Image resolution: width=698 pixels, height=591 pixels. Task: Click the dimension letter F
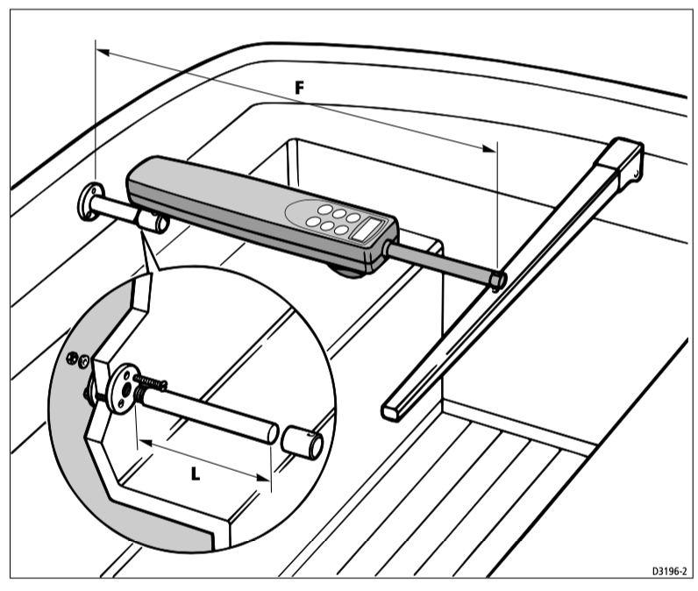coord(300,88)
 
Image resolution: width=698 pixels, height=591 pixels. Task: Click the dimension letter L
coord(195,474)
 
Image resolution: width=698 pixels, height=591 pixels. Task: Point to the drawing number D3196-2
coord(670,571)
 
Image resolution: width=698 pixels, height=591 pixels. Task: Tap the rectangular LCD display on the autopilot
coord(368,229)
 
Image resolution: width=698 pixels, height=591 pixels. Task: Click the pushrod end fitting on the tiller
coord(497,281)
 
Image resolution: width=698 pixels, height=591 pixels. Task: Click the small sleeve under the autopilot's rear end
coord(152,221)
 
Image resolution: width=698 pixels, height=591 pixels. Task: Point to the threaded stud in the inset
coord(151,381)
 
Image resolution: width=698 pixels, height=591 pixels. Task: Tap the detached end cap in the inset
coord(303,442)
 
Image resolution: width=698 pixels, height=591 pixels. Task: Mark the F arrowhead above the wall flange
coord(103,53)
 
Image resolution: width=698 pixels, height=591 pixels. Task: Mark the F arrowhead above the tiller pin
coord(488,149)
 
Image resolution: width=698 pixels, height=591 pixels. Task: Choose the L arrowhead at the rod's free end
coord(264,478)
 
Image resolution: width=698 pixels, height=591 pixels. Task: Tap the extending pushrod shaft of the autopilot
coord(441,261)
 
